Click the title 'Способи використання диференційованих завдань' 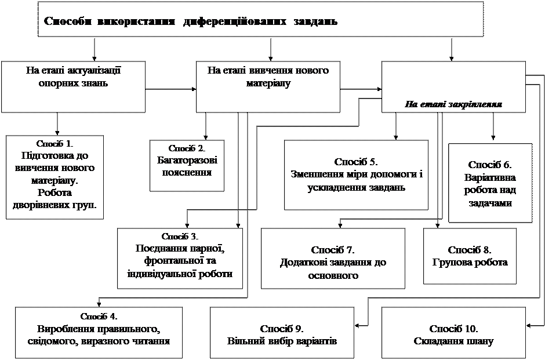pos(191,21)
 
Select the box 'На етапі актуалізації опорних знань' pos(73,87)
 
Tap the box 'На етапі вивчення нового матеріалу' pos(268,87)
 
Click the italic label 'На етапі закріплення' pos(453,104)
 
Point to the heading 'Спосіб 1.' pos(54,144)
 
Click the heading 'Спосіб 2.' pos(187,148)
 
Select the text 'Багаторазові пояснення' pos(187,166)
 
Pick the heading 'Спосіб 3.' pos(180,237)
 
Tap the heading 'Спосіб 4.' pos(99,316)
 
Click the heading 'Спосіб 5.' pos(356,162)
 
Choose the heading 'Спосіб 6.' pos(490,165)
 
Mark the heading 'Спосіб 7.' pos(333,250)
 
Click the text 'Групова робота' pos(470,263)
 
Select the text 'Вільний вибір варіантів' pos(282,341)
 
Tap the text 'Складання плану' pos(453,341)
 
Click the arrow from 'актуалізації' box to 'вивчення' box pos(170,89)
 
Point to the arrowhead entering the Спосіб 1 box pos(57,133)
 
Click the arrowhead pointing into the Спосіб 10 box pos(529,326)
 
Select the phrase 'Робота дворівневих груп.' pos(54,199)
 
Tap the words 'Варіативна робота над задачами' pos(490,190)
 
